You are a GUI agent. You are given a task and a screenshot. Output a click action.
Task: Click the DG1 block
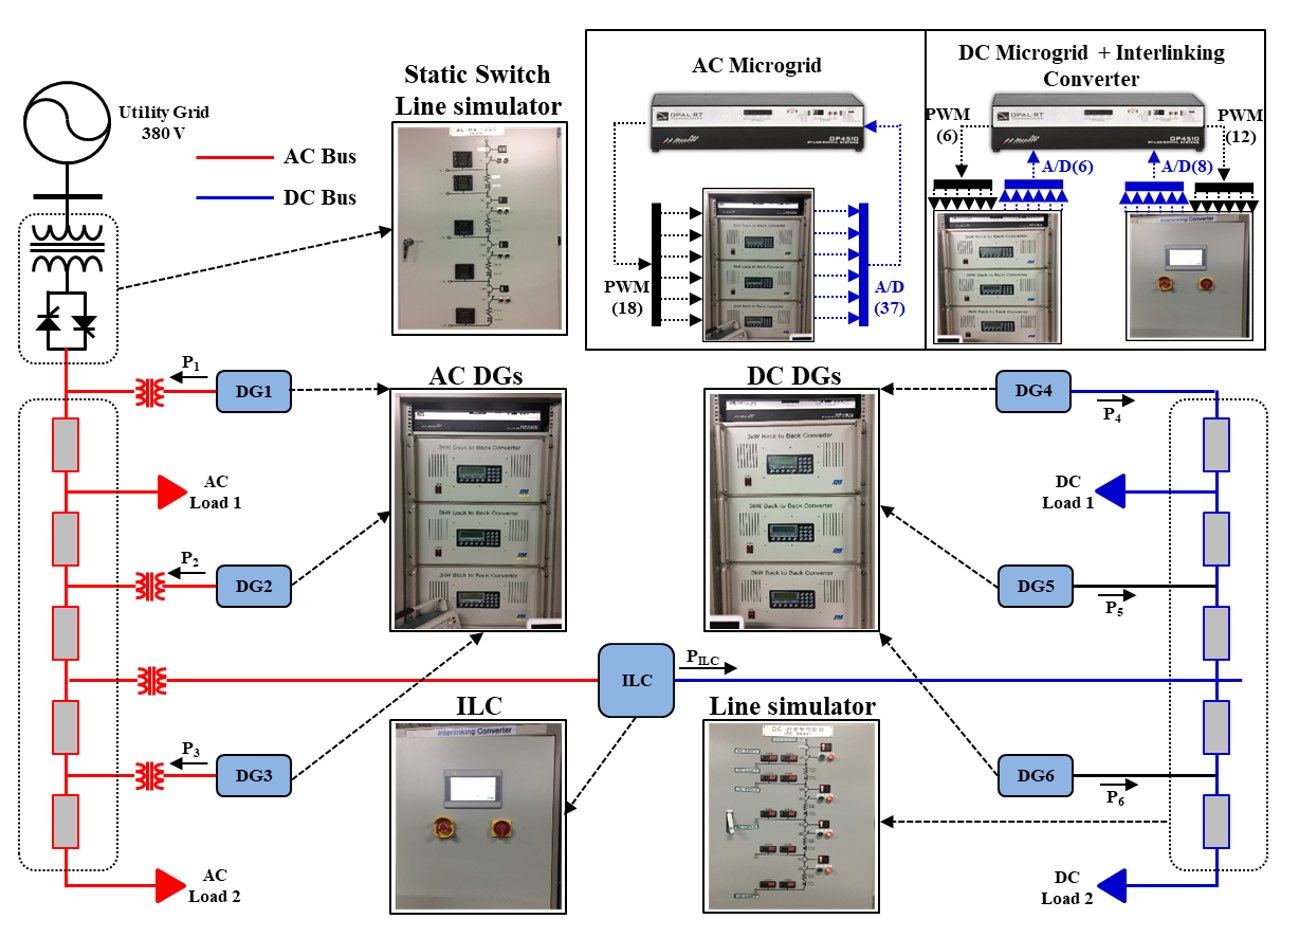point(253,391)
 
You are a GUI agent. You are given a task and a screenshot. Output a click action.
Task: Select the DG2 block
point(253,586)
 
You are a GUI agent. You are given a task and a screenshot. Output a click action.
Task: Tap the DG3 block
point(253,776)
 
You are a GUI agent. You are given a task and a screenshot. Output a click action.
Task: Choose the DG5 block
point(1035,586)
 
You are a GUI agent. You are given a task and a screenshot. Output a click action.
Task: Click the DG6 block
point(1035,776)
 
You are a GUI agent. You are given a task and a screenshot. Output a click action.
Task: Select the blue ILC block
point(636,681)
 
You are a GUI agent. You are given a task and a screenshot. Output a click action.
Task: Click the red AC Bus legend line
point(234,158)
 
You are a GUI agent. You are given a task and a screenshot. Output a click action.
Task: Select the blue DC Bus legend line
point(234,198)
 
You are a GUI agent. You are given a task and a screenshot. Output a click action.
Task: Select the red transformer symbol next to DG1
point(151,392)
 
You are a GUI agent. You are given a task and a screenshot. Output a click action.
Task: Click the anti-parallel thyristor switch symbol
point(67,320)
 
